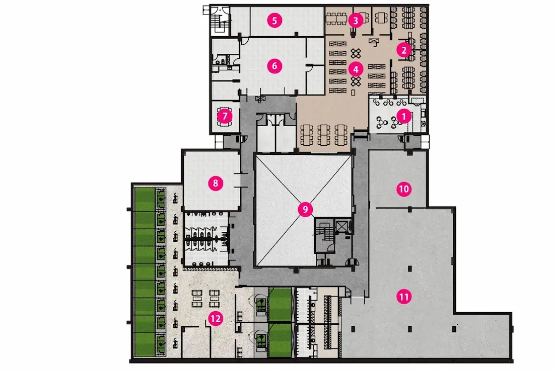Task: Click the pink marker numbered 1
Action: pyautogui.click(x=404, y=116)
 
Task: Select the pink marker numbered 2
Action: pyautogui.click(x=404, y=50)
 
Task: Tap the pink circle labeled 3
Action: pyautogui.click(x=356, y=21)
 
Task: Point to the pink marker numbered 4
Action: pyautogui.click(x=356, y=69)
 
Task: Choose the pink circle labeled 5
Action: pyautogui.click(x=274, y=21)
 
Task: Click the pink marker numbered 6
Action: pyautogui.click(x=274, y=66)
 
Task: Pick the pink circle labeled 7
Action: pyautogui.click(x=225, y=116)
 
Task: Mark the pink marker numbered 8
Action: pyautogui.click(x=216, y=183)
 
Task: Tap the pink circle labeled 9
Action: pyautogui.click(x=305, y=210)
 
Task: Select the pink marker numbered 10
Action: pyautogui.click(x=404, y=189)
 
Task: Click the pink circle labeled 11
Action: pyautogui.click(x=404, y=297)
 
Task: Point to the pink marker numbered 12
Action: pyautogui.click(x=216, y=319)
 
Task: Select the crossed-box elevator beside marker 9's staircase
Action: pyautogui.click(x=341, y=226)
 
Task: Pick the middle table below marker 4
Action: pyautogui.click(x=324, y=135)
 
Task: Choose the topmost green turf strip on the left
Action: pyautogui.click(x=145, y=199)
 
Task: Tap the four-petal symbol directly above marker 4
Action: pyautogui.click(x=356, y=53)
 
